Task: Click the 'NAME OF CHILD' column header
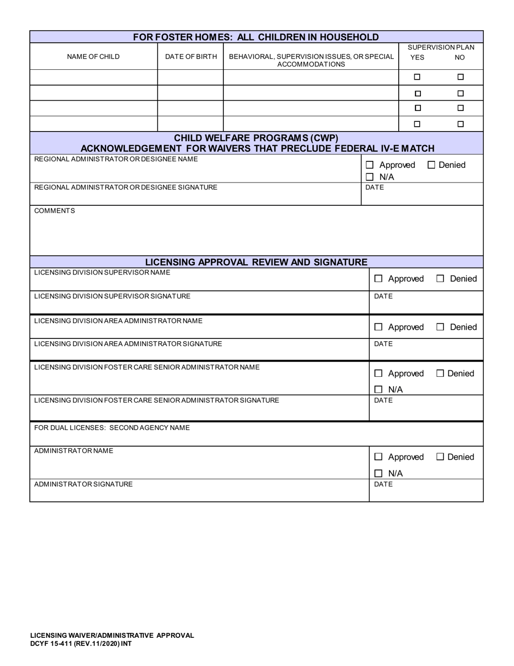[93, 57]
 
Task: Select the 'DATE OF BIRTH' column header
[191, 57]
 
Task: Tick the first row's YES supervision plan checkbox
[417, 77]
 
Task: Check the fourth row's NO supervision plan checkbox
[460, 124]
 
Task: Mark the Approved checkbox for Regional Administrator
[370, 165]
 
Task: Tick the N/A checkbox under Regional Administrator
[370, 177]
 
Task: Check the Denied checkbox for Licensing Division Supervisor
[440, 279]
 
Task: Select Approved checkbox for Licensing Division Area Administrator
[379, 327]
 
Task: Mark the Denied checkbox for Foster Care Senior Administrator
[440, 373]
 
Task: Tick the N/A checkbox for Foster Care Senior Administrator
[379, 389]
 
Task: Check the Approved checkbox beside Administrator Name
[379, 457]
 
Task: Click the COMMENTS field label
[55, 211]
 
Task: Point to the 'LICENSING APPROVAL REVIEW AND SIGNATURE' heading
[256, 262]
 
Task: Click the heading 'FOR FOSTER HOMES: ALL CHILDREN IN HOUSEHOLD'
[256, 37]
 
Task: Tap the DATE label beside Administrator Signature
[384, 484]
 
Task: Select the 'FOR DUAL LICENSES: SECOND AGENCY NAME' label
[112, 428]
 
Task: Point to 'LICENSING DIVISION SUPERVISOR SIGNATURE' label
[112, 296]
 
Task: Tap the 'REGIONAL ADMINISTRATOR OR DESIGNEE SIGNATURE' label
[126, 187]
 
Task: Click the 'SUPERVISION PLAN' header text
[440, 47]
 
